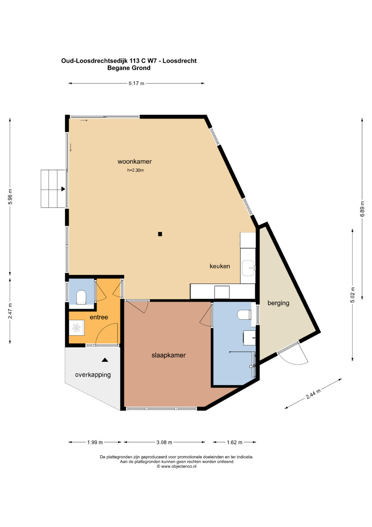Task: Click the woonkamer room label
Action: coord(135,162)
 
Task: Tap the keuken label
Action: coord(220,266)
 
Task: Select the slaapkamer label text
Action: coord(169,355)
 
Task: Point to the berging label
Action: coord(278,303)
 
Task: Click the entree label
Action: coord(99,317)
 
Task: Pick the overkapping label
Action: coord(93,375)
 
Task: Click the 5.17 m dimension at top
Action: coord(136,83)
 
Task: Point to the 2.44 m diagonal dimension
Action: coord(313,394)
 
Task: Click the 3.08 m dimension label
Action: coord(164,442)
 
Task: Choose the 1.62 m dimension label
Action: coord(234,442)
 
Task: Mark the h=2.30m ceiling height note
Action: coord(135,170)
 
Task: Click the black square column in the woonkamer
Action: coord(160,234)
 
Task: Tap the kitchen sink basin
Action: coord(248,268)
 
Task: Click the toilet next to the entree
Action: coord(81,297)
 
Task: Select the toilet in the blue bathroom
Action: coord(244,315)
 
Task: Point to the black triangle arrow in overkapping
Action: coord(105,360)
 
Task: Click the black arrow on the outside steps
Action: coord(63,189)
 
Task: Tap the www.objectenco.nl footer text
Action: coord(176,466)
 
